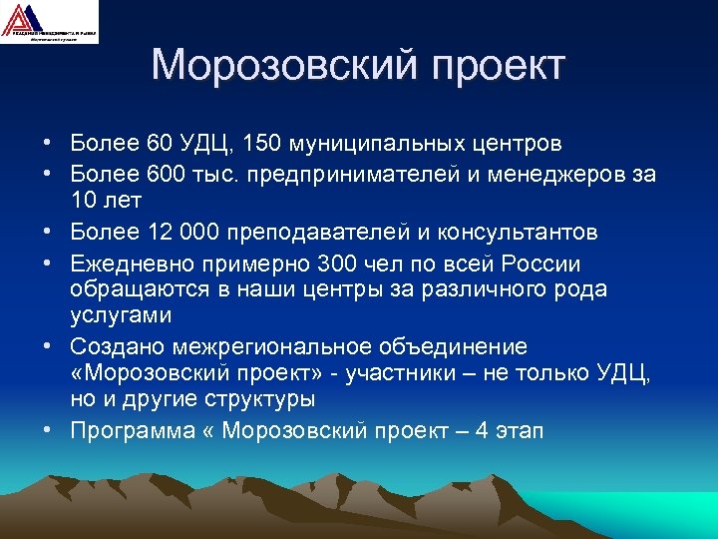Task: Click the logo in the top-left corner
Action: click(49, 22)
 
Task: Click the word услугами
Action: click(122, 315)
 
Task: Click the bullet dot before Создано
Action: click(48, 347)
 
